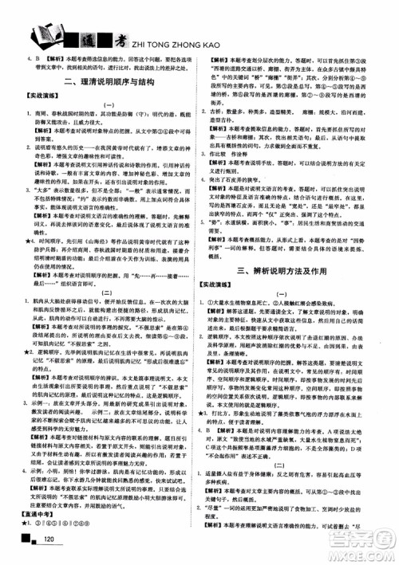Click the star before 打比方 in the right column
(x=209, y=414)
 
